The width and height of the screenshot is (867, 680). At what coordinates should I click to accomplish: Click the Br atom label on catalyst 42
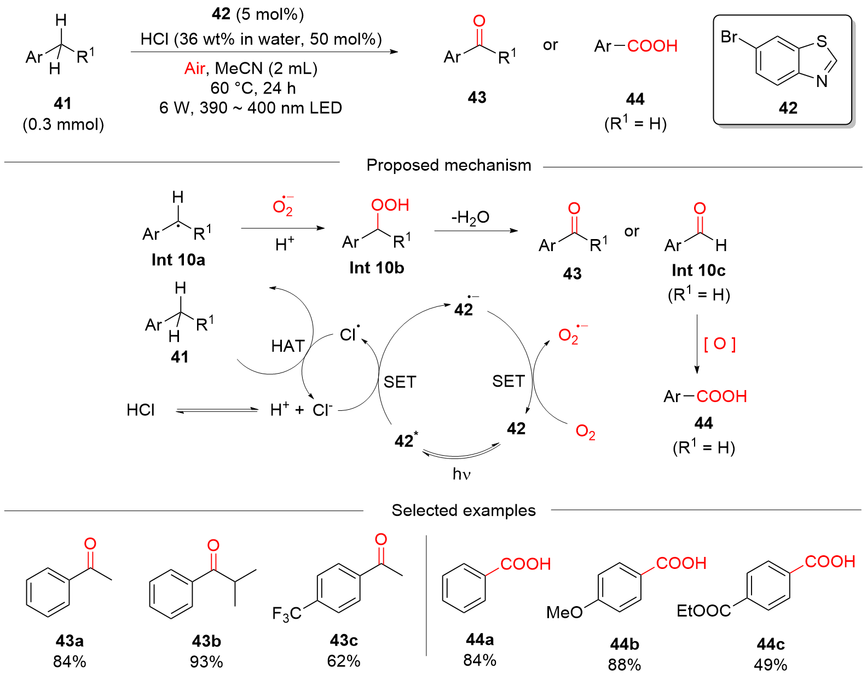pos(729,37)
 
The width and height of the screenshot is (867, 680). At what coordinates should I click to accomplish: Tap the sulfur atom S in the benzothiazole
pos(821,42)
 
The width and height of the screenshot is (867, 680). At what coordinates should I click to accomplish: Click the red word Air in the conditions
pos(195,68)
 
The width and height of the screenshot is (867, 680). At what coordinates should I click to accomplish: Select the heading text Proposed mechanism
pos(449,165)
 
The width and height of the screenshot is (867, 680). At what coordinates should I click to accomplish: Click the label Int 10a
pos(178,260)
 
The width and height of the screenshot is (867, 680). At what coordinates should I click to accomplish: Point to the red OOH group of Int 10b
pos(390,205)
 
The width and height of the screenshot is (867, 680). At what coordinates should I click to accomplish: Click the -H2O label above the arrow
pos(470,218)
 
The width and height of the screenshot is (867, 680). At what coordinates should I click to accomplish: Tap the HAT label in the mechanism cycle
pos(288,346)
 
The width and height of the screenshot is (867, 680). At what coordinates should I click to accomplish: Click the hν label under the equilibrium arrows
pos(461,474)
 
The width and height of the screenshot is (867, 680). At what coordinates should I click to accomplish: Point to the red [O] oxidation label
pos(720,344)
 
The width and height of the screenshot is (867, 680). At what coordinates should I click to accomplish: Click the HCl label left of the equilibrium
pos(141,410)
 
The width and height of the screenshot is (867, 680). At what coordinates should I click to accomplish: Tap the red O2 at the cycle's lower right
pos(585,432)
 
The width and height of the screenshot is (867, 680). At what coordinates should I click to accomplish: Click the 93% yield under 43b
pos(206,662)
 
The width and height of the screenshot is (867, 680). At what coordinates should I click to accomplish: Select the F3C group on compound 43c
pos(287,614)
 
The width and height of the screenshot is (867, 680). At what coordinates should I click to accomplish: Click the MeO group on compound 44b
pos(564,612)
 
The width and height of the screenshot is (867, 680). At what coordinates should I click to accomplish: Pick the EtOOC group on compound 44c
pos(704,611)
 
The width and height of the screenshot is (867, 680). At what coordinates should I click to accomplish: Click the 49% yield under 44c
pos(771,665)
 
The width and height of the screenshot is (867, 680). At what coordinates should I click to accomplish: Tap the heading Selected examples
pos(464,510)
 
